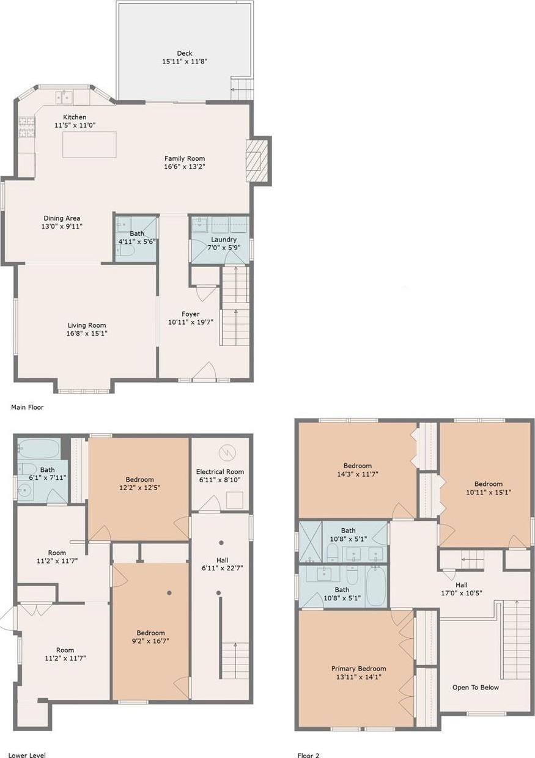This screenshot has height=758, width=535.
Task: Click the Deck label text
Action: coord(185,53)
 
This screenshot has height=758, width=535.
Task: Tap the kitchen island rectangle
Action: coord(89,145)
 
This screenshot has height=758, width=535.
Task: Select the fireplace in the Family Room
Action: coord(256,160)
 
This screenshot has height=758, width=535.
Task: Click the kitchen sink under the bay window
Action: coord(64,97)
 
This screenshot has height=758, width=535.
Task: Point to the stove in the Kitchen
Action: coord(26,127)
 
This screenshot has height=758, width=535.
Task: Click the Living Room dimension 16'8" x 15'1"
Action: coord(87,334)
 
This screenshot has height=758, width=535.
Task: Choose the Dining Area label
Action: coord(62,218)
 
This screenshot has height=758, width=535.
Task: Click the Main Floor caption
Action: coord(28,407)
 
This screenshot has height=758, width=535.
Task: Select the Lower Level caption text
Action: coord(28,756)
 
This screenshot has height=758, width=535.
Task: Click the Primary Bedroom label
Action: coord(358,669)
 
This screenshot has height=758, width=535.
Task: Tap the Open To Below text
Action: coord(476,687)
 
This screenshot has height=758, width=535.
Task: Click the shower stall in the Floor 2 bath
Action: coord(310,541)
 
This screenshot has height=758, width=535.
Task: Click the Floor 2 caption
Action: coord(308,756)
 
